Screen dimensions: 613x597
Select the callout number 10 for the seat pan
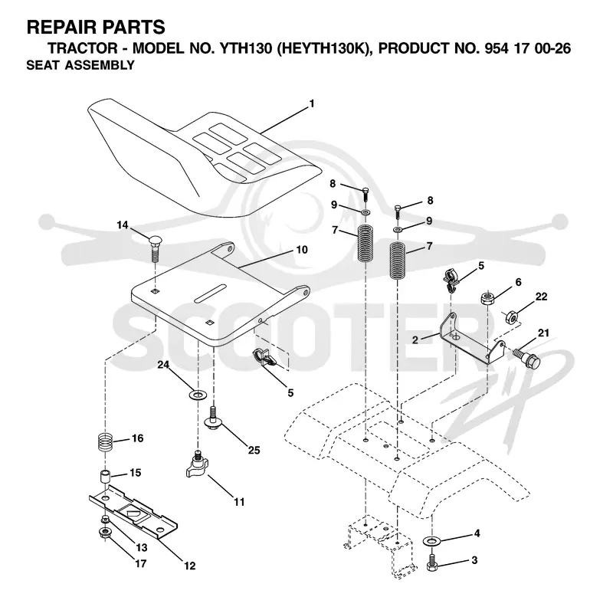coord(302,249)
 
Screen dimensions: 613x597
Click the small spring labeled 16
coord(105,441)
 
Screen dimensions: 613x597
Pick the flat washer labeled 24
coord(198,395)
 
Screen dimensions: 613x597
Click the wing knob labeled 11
coord(198,465)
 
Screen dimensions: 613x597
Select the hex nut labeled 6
coord(487,299)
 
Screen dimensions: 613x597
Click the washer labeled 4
coord(431,541)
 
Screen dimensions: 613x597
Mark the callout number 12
coord(189,566)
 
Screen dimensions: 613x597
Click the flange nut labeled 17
coord(105,533)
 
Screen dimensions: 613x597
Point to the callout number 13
coord(141,547)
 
